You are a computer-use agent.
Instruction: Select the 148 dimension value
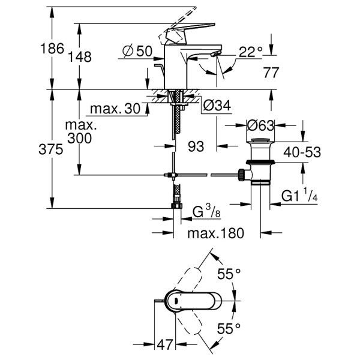(80, 57)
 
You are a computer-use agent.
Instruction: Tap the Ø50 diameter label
(137, 52)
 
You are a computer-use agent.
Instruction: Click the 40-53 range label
(302, 153)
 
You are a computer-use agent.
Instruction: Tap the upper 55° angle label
(229, 274)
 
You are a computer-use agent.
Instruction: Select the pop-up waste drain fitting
(258, 165)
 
